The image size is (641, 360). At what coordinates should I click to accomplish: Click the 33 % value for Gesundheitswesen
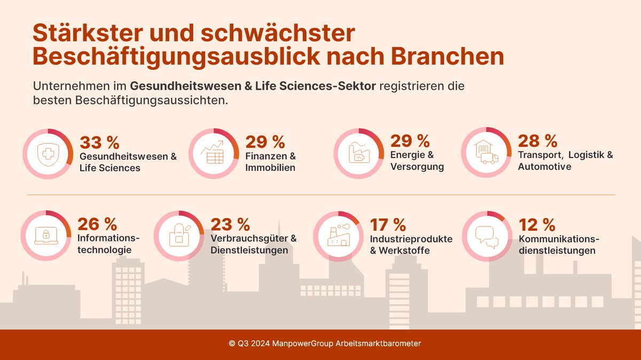tap(99, 143)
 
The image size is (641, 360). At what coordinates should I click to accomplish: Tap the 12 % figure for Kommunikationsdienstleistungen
tap(537, 224)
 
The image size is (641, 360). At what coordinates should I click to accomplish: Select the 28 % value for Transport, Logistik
tap(537, 141)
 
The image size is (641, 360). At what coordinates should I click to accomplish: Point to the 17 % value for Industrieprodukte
tap(388, 224)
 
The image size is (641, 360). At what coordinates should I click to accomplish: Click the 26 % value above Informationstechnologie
tap(97, 224)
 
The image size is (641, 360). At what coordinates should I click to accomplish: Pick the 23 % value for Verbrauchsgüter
tap(230, 224)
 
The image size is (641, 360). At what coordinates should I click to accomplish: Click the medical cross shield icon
tap(49, 154)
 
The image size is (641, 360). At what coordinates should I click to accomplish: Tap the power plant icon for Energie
tap(358, 153)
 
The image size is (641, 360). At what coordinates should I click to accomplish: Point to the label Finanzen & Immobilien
tap(270, 162)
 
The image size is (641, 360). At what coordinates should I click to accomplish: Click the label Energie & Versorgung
tap(417, 161)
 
